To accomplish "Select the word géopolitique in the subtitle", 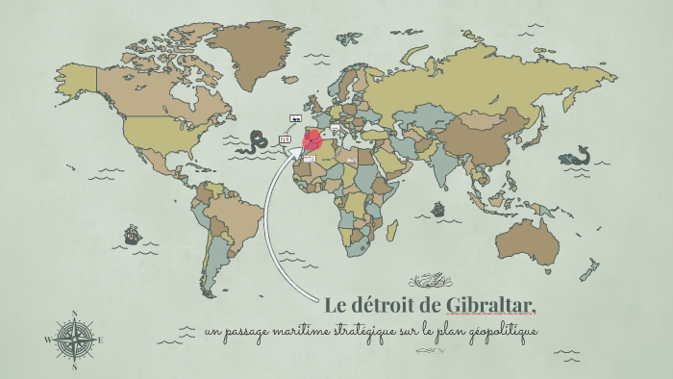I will click(x=500, y=332).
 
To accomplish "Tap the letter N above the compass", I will click(x=75, y=314).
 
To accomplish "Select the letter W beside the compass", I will click(x=48, y=341).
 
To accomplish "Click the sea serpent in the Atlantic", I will click(x=256, y=142).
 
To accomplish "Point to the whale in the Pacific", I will click(x=575, y=155).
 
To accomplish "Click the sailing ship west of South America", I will click(x=132, y=234).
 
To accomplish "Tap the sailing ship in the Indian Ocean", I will click(x=438, y=209).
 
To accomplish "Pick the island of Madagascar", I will click(x=392, y=230).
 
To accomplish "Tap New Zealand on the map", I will click(x=588, y=271).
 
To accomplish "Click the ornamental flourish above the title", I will click(x=430, y=282).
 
